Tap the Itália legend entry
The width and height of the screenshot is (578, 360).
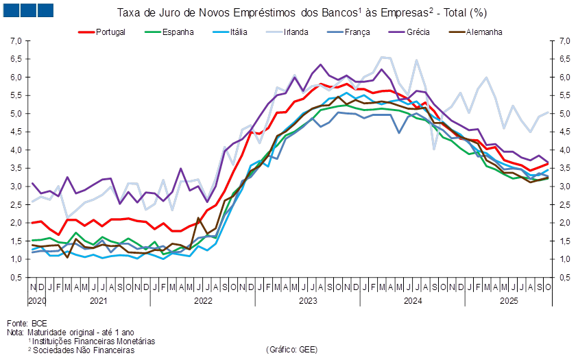click(x=239, y=32)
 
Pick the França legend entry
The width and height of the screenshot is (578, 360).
click(x=357, y=32)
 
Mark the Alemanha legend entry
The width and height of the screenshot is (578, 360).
click(x=484, y=32)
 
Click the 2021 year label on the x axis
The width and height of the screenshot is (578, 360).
click(x=98, y=300)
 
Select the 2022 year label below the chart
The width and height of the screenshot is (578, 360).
click(x=204, y=300)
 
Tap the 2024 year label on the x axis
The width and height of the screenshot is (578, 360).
click(x=413, y=300)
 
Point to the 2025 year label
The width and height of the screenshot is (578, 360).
click(x=508, y=300)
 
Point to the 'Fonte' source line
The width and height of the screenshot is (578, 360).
click(x=18, y=322)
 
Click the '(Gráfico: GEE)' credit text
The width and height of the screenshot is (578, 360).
click(x=291, y=349)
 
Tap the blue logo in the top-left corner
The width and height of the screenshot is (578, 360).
click(x=28, y=10)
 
